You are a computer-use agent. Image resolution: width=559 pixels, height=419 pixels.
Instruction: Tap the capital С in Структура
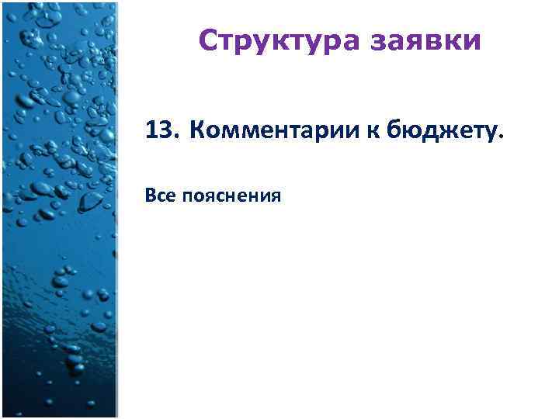(x=207, y=40)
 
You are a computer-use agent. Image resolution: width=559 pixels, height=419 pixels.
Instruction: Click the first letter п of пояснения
(x=186, y=198)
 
